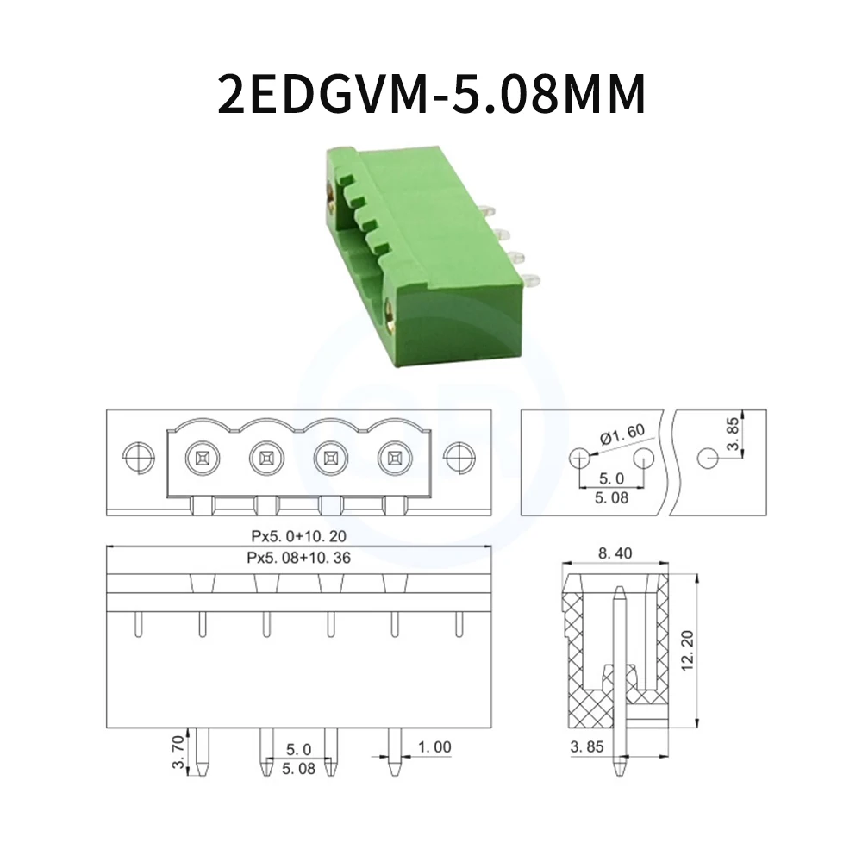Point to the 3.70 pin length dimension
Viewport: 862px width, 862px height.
click(177, 753)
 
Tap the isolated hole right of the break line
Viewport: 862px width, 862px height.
click(706, 457)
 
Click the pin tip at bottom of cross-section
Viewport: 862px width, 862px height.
click(619, 770)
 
